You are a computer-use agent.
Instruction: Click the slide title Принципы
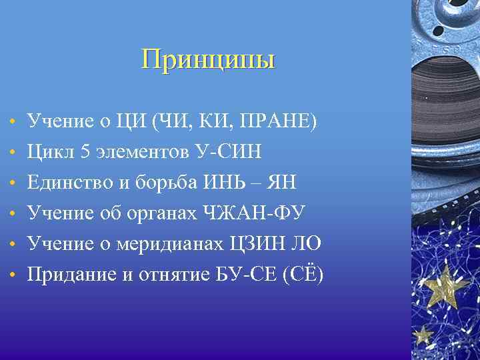(208, 60)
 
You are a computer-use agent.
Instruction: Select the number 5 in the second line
(85, 152)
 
